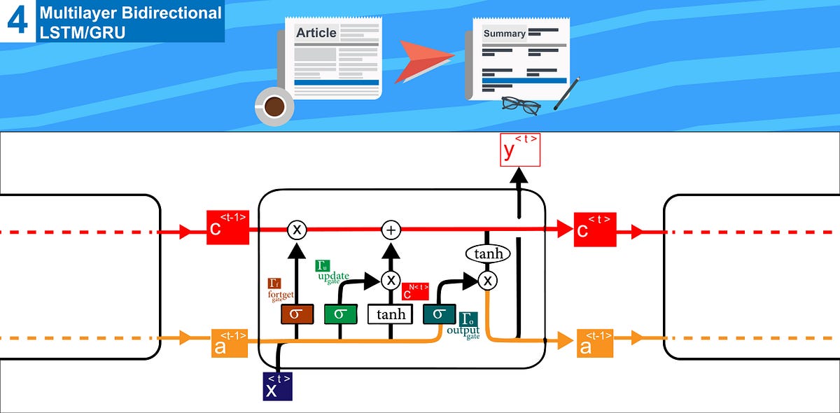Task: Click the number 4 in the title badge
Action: point(17,20)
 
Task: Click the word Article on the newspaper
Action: point(316,33)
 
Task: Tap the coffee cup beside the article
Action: point(274,107)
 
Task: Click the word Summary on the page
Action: point(504,34)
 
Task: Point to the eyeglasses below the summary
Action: point(521,105)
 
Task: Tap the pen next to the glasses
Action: point(566,94)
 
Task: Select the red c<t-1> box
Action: point(227,227)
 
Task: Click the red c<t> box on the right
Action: point(595,228)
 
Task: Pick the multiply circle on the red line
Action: point(297,230)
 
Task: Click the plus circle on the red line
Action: point(391,230)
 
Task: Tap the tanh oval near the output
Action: point(488,253)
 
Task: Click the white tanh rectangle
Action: point(391,314)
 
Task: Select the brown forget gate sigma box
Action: point(297,314)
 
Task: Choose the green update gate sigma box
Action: point(341,314)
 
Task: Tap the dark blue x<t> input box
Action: point(277,386)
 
